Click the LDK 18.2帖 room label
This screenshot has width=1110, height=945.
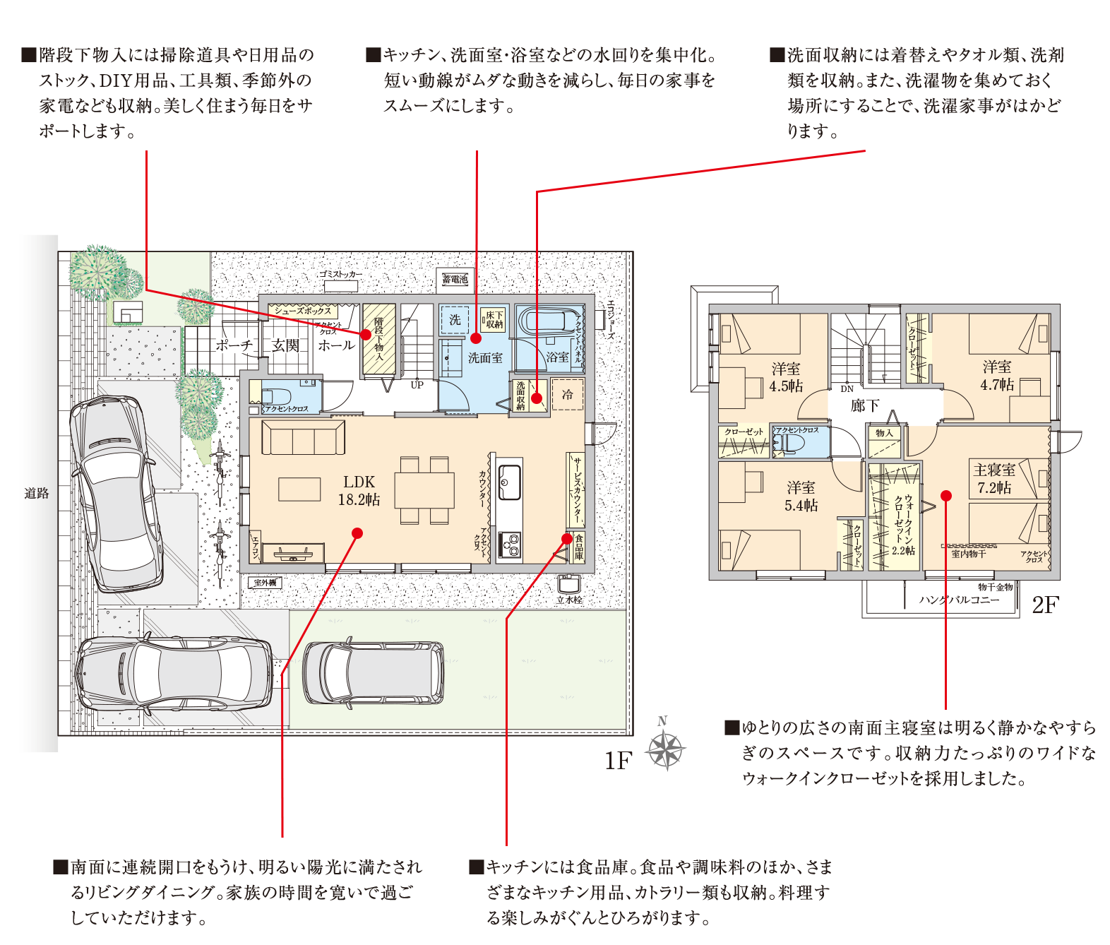(x=359, y=490)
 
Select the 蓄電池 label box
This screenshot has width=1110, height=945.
(x=455, y=279)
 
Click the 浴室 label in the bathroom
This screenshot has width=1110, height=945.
(x=557, y=357)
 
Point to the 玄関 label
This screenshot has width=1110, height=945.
(x=286, y=345)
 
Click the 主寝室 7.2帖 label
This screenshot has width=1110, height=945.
(x=994, y=478)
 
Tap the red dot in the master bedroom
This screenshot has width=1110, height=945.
(x=946, y=496)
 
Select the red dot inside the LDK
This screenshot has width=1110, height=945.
(x=357, y=533)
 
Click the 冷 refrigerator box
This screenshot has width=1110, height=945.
(x=567, y=395)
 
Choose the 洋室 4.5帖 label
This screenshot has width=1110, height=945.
(x=786, y=377)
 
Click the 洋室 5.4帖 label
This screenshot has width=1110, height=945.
(x=801, y=496)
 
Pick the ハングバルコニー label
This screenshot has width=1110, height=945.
(x=959, y=600)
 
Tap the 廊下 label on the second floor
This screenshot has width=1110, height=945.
(x=864, y=405)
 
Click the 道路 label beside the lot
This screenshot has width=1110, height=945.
(x=37, y=493)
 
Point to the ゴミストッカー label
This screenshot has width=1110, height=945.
(x=340, y=274)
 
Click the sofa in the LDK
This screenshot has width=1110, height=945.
(x=303, y=438)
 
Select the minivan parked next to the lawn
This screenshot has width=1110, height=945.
(x=373, y=672)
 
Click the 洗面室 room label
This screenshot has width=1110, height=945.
(x=485, y=358)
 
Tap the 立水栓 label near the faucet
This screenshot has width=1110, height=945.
(x=569, y=600)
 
